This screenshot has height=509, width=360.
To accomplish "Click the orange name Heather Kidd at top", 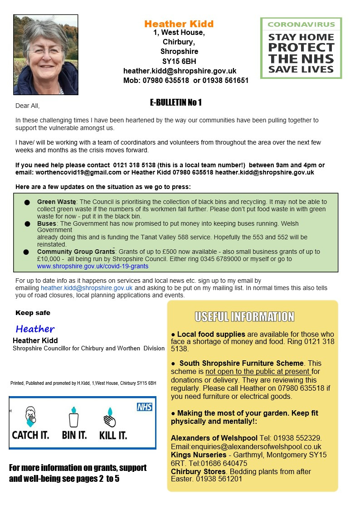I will click(x=179, y=24).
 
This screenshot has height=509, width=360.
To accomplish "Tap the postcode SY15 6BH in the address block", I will click(x=179, y=61).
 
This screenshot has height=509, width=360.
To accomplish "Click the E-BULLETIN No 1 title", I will click(x=176, y=102).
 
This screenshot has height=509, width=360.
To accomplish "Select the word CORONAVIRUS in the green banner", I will click(x=301, y=24).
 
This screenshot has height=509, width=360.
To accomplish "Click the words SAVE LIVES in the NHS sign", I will click(x=301, y=69).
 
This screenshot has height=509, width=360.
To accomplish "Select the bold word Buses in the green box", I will click(x=47, y=223).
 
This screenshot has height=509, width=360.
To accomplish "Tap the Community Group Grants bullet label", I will click(x=76, y=252).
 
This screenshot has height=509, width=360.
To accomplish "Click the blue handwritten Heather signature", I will click(x=35, y=329).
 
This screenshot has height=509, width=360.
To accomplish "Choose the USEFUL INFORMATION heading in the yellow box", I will click(x=244, y=316).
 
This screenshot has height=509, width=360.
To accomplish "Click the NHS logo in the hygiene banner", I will click(x=145, y=407).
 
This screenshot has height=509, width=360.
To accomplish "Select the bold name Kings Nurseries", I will click(x=198, y=455).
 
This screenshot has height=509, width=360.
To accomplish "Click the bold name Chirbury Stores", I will click(x=198, y=471).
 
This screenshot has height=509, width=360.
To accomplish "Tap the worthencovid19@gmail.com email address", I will click(x=72, y=172).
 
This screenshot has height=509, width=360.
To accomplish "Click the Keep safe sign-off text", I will click(x=33, y=313).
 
